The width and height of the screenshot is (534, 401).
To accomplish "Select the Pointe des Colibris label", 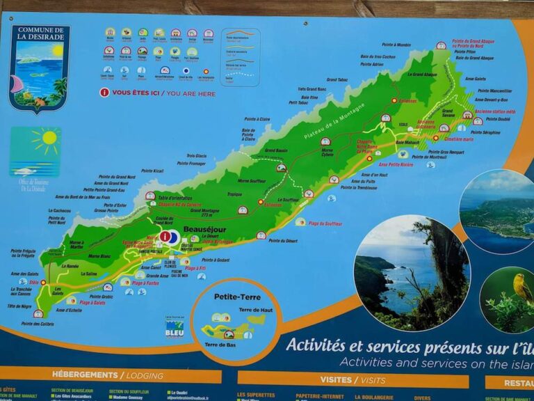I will point(37,324).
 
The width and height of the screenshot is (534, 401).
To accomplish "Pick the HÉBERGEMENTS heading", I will point(81,375).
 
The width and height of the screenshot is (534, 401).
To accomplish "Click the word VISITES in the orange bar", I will point(336,380).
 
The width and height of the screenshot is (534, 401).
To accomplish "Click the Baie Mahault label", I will point(409,143).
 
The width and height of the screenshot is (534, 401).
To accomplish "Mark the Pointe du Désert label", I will point(283,241).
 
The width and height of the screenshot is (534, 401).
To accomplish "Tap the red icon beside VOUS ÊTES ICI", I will point(104,92).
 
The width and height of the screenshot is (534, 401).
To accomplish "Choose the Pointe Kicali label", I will point(150,171).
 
